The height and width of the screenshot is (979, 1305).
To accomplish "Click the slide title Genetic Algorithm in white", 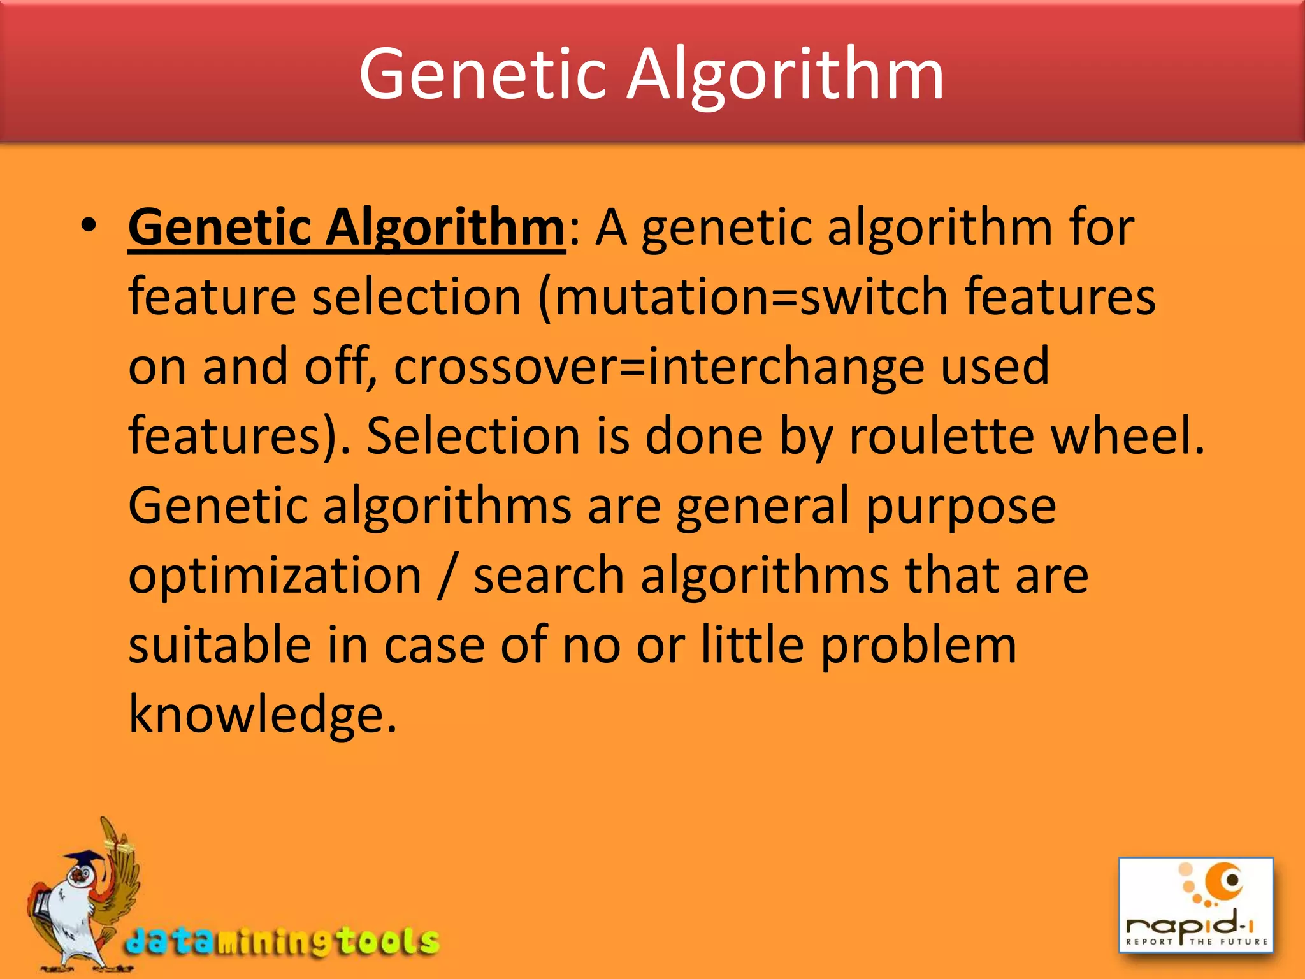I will pos(651,75).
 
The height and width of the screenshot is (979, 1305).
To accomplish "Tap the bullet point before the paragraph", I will pos(89,226).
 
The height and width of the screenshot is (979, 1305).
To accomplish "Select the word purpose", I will pos(961,507).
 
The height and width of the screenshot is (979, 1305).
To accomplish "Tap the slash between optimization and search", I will pos(447,576).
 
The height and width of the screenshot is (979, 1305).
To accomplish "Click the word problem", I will pos(918,646).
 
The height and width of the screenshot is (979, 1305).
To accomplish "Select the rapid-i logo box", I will pos(1196,904).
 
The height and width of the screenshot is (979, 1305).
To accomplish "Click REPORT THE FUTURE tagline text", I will pos(1196,941).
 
